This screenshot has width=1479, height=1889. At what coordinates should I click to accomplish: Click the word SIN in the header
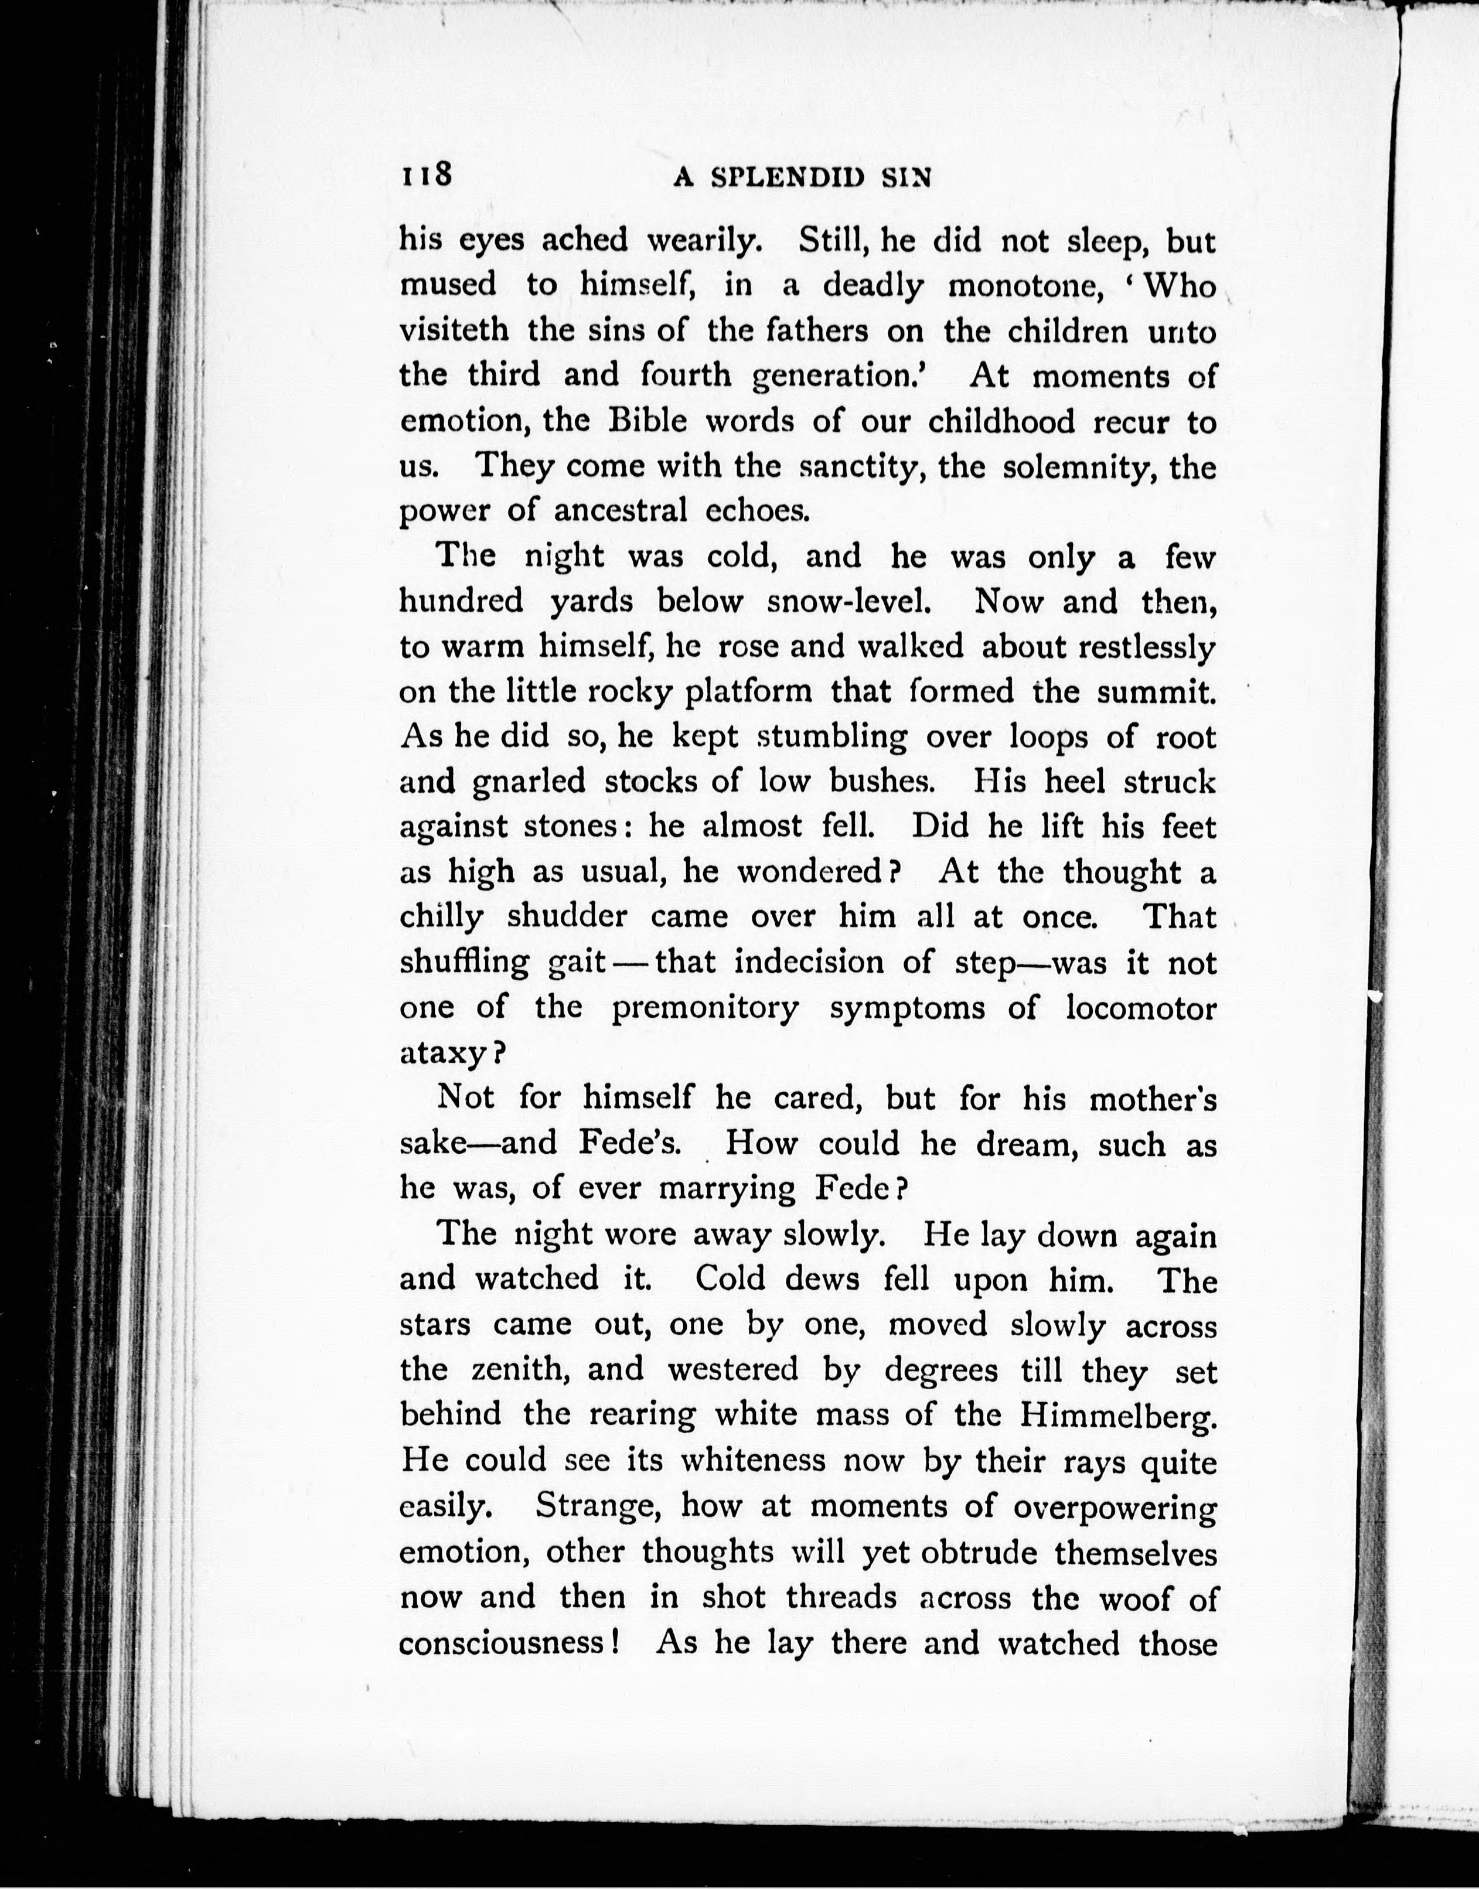click(x=906, y=178)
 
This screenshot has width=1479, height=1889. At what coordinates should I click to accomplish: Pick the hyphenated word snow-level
click(x=848, y=602)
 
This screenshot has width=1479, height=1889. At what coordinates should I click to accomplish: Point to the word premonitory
click(x=705, y=1008)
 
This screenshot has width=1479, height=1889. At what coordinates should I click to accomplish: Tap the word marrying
click(x=727, y=1189)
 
